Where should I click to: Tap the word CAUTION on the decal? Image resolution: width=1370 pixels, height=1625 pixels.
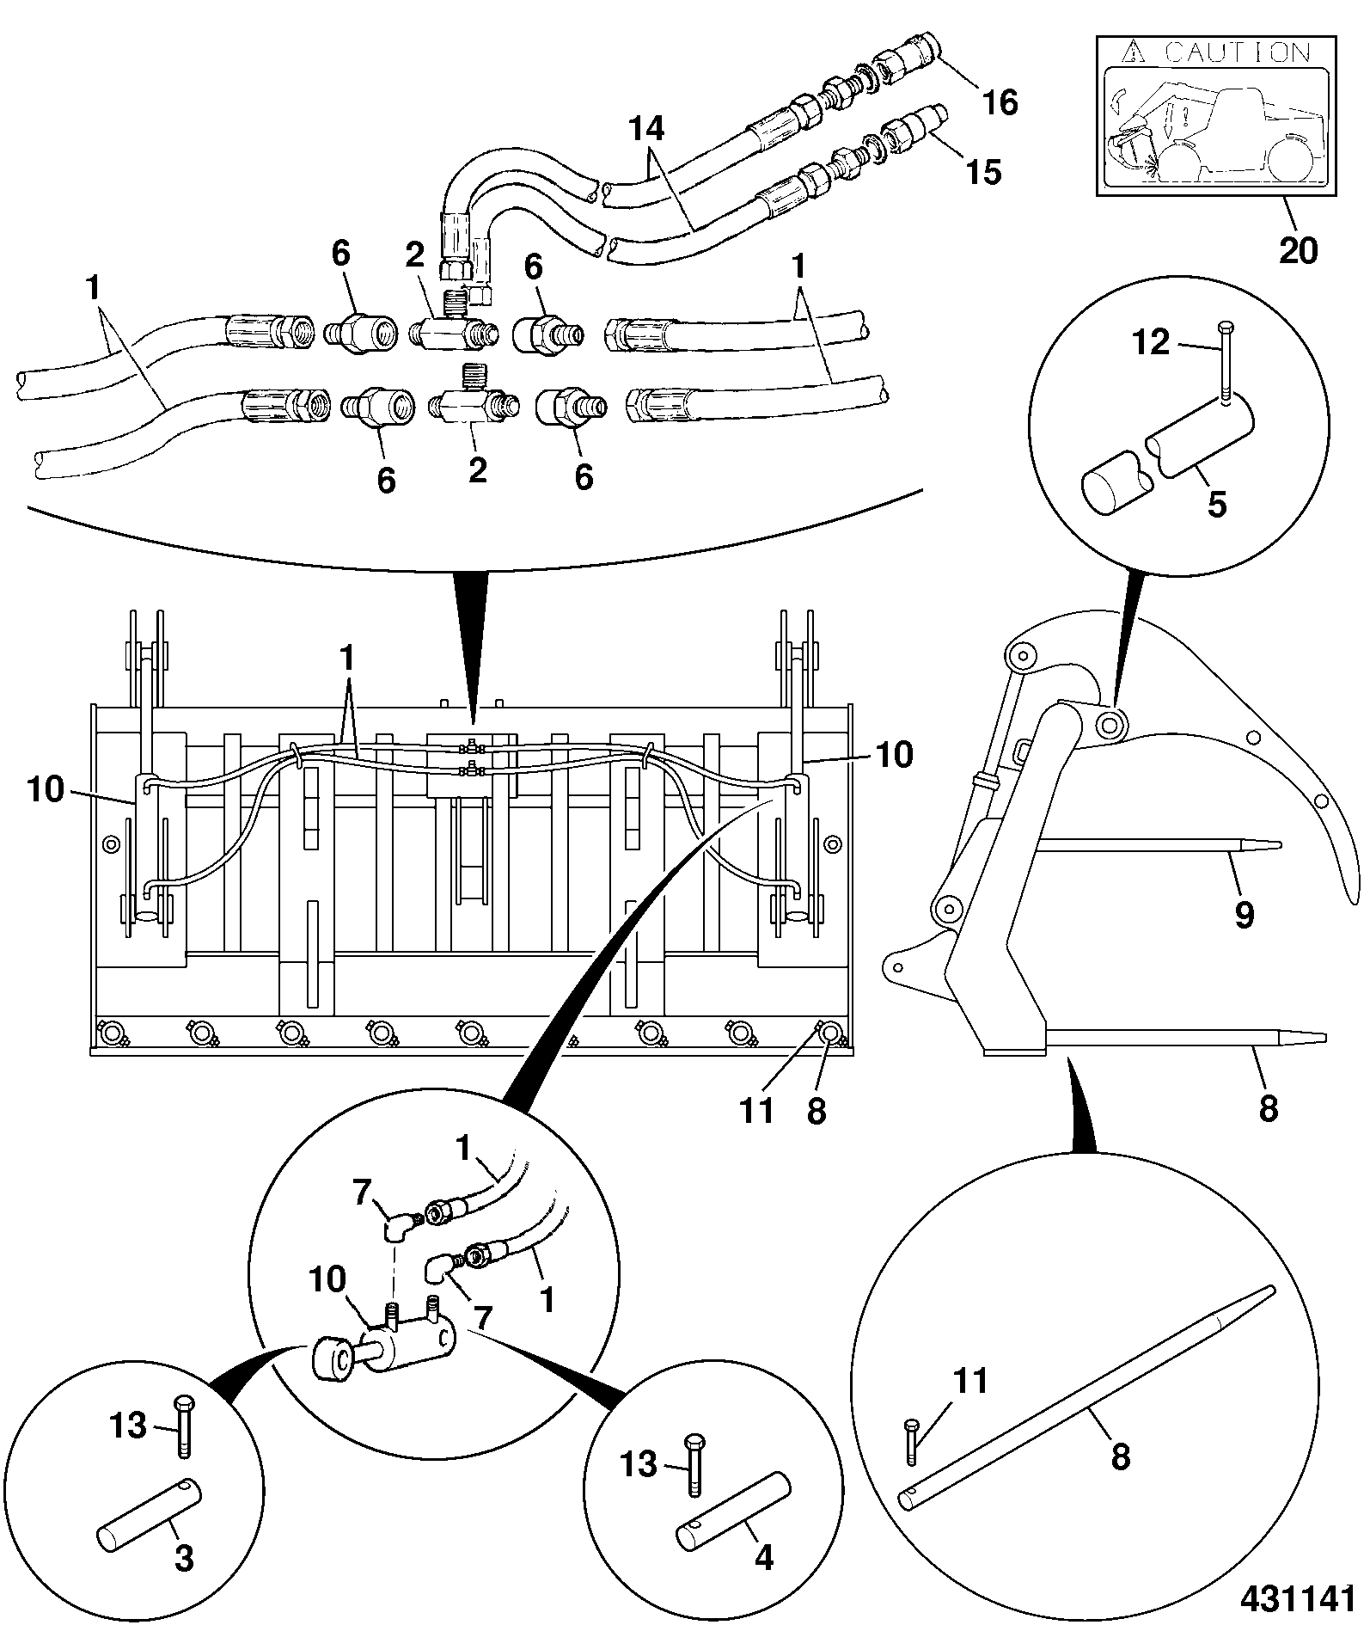tap(1239, 53)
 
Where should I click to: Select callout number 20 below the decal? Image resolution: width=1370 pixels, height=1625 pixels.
tap(1298, 250)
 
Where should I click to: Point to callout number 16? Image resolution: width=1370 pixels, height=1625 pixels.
tap(1000, 102)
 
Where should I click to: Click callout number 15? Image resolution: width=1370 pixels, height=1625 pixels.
tap(983, 172)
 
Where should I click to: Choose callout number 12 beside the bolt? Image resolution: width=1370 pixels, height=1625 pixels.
tap(1151, 343)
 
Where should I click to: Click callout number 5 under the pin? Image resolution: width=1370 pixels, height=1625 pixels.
tap(1217, 504)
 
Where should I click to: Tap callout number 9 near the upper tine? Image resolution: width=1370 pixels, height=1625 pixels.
tap(1244, 915)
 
